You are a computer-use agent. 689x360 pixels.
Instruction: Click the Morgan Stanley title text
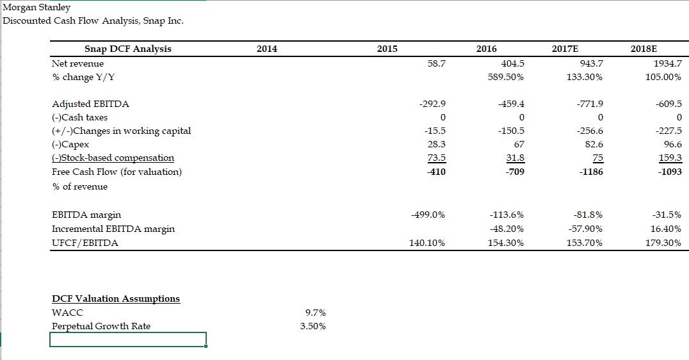(x=28, y=8)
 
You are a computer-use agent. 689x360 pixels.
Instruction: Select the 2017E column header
(x=590, y=49)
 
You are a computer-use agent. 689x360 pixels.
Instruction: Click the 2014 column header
(x=266, y=49)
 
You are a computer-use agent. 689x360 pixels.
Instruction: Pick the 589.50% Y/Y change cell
(x=506, y=78)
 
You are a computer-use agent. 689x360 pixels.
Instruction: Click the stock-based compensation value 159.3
(x=669, y=158)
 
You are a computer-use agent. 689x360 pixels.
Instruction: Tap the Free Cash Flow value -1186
(x=590, y=172)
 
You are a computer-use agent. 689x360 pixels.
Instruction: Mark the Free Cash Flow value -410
(x=435, y=172)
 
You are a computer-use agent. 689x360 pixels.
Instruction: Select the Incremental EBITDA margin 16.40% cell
(x=665, y=229)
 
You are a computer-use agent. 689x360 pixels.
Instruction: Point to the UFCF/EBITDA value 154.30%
(x=506, y=243)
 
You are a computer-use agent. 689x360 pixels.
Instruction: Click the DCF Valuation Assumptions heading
(x=116, y=299)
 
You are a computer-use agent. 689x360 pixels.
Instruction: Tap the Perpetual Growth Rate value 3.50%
(x=312, y=327)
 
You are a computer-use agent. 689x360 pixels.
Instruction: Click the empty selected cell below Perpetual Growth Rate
(x=128, y=340)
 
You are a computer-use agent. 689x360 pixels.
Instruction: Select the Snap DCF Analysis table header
(x=128, y=49)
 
